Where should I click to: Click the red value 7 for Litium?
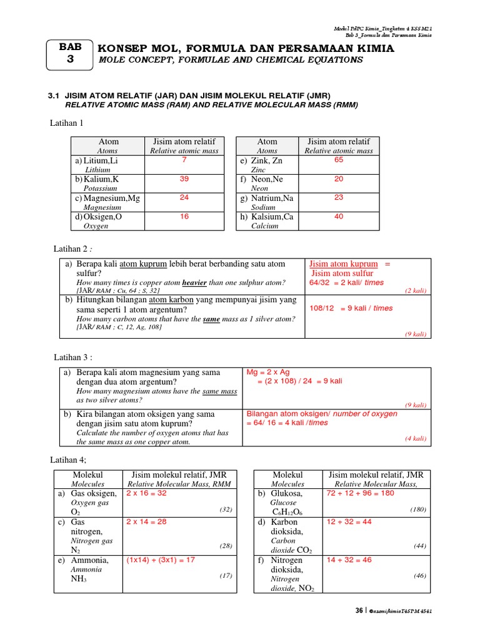pyautogui.click(x=184, y=160)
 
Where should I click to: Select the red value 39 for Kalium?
pyautogui.click(x=184, y=179)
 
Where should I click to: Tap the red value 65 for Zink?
pyautogui.click(x=338, y=160)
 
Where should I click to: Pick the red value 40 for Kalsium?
pyautogui.click(x=338, y=217)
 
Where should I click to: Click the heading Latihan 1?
pyautogui.click(x=66, y=123)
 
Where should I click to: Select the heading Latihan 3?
pyautogui.click(x=71, y=357)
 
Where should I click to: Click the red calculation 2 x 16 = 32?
pyautogui.click(x=146, y=493)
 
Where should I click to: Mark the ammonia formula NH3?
pyautogui.click(x=79, y=580)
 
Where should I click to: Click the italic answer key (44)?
pyautogui.click(x=419, y=546)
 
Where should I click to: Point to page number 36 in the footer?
pyautogui.click(x=359, y=610)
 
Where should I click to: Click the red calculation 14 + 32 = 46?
pyautogui.click(x=349, y=560)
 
